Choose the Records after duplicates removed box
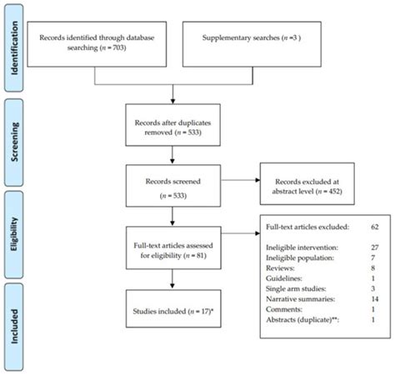(x=174, y=125)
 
